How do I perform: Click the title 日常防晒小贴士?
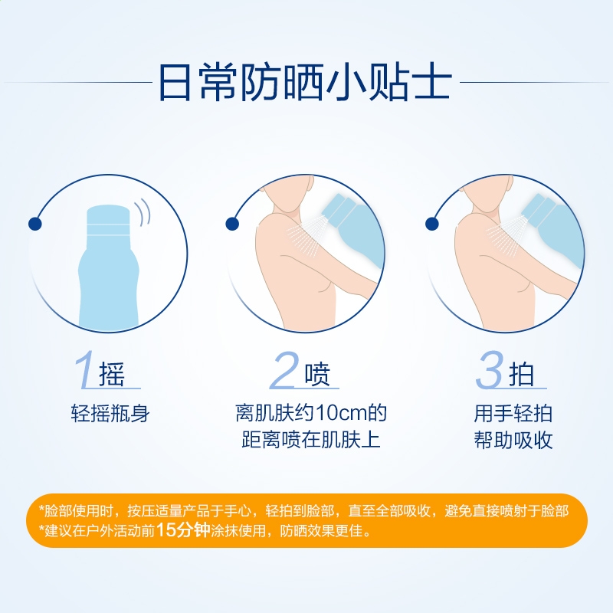pos(305,83)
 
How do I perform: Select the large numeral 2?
pos(284,369)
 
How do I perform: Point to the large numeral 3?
pos(490,369)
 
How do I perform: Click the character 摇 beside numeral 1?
pos(112,374)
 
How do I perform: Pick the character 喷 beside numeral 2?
pos(317,374)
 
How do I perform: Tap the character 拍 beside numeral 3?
pos(522,374)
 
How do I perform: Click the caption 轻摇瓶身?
pos(110,413)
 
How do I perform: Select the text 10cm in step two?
pos(342,413)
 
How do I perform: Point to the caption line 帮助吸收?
pos(513,440)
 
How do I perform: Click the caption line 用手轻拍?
pos(513,413)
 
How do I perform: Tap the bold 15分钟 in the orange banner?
pos(183,530)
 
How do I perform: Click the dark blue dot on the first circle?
pos(35,224)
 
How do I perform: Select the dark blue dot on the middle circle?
pos(232,224)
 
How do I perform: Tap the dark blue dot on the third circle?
pos(431,224)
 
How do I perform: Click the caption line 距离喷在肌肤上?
pos(311,440)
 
